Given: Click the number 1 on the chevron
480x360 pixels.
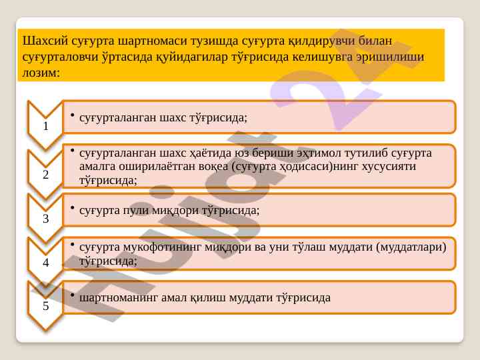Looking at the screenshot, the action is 45,126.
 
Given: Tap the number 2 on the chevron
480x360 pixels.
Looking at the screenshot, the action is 45,175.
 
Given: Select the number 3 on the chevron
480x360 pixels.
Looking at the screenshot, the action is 45,219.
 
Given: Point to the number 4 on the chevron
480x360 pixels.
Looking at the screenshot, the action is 45,263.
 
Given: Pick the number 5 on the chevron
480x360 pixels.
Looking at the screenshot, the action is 45,306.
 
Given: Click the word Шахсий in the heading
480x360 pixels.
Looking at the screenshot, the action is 45,41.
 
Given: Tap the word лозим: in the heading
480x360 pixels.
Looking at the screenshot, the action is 41,73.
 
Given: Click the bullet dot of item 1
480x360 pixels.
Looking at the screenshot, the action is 73,115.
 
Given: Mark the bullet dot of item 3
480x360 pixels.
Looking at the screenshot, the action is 73,208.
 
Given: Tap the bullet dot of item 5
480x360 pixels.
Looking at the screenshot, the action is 73,295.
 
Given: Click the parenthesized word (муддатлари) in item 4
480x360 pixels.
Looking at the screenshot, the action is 411,247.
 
